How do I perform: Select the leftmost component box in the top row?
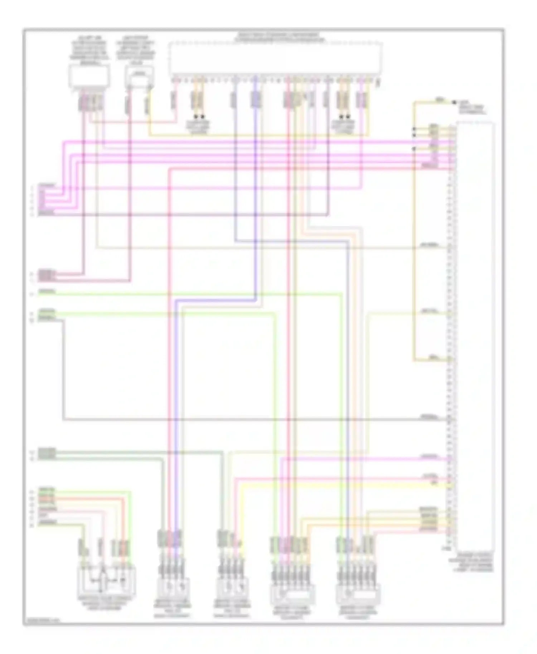[x=89, y=77]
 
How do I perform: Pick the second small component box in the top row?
[x=139, y=77]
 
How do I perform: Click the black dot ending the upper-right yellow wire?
[x=454, y=103]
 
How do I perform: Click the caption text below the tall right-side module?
[x=472, y=562]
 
